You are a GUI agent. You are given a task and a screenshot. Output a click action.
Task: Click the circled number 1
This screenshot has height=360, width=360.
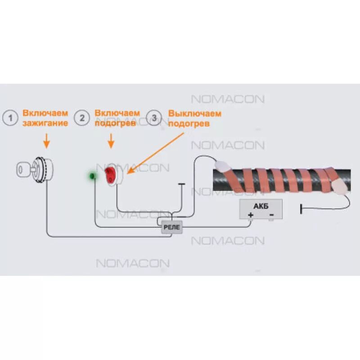click(11, 118)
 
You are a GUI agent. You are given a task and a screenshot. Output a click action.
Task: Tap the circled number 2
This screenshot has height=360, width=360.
click(82, 118)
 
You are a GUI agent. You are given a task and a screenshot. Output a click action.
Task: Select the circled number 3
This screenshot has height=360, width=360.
click(155, 118)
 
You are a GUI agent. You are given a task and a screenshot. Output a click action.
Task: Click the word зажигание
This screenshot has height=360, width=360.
click(45, 123)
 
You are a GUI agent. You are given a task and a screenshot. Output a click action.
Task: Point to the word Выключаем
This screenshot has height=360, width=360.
click(195, 113)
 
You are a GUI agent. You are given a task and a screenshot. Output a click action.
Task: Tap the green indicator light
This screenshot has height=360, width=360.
click(93, 176)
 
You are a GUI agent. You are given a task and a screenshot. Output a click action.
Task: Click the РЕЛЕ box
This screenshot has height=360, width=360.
click(171, 228)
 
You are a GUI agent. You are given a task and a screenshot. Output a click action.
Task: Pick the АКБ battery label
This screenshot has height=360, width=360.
click(261, 206)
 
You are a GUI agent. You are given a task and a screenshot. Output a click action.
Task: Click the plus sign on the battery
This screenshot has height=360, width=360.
click(251, 215)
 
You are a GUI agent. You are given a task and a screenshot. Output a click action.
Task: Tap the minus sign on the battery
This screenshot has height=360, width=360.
click(271, 215)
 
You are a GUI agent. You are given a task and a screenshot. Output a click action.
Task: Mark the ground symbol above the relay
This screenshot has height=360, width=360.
click(181, 184)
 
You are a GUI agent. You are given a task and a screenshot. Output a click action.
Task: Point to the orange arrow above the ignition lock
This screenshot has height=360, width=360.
click(46, 143)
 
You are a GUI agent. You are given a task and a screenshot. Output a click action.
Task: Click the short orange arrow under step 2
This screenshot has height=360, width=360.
click(111, 143)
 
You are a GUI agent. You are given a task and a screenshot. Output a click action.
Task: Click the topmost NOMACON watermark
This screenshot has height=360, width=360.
click(228, 99)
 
